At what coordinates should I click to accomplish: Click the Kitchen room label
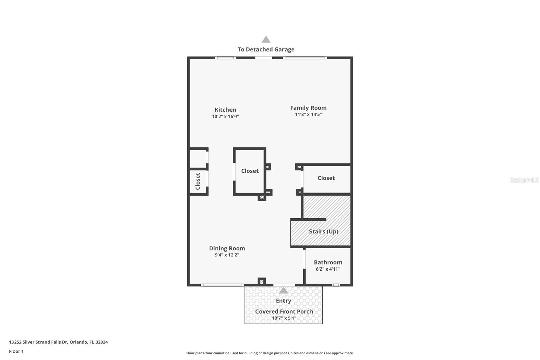coord(225,110)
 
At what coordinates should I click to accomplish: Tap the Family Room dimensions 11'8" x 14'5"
coord(308,115)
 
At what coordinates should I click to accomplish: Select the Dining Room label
coord(227,248)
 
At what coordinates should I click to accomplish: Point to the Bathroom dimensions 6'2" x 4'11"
coord(328,269)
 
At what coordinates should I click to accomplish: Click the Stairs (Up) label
coord(323,231)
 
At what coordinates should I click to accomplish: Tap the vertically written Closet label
coord(198,181)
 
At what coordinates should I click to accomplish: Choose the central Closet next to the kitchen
coord(250,171)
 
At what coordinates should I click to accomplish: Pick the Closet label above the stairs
coord(326,178)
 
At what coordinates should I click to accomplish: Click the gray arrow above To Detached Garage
coord(266,40)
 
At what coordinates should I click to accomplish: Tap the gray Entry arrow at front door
coord(283,290)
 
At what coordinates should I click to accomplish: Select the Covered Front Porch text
coord(284,311)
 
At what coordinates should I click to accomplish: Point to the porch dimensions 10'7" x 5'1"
coord(284,318)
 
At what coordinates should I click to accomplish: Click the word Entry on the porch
coord(283,301)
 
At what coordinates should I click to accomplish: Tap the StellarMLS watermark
coord(524,180)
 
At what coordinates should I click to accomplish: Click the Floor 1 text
coord(16,351)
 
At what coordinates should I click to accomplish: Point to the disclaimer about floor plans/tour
coord(270,353)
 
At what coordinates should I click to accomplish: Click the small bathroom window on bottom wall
coord(336,285)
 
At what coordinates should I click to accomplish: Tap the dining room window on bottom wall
coord(222,285)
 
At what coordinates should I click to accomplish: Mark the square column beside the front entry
coord(262,281)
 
